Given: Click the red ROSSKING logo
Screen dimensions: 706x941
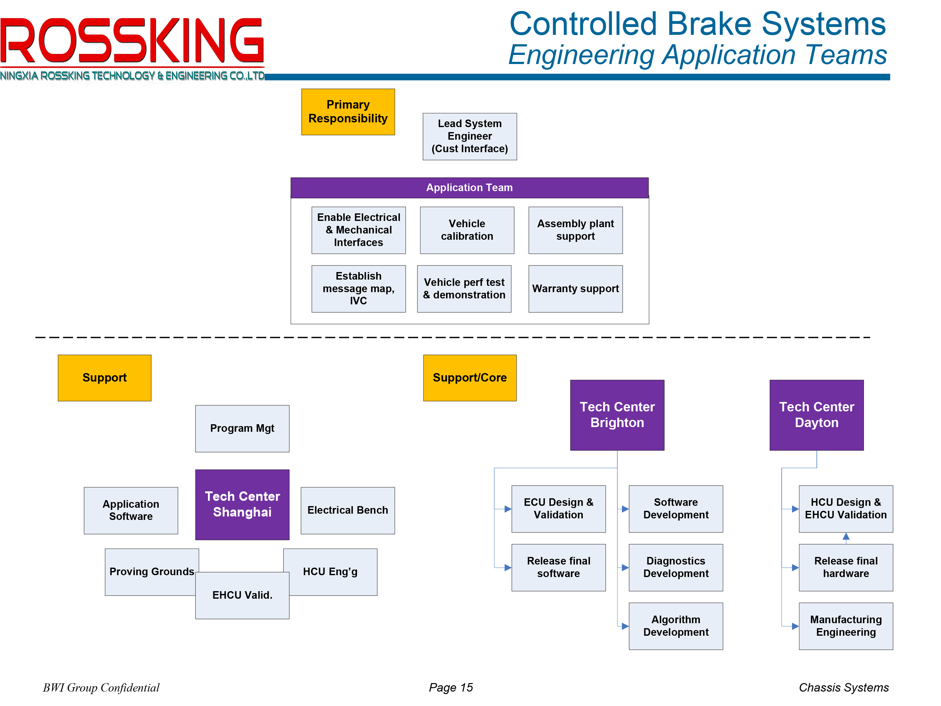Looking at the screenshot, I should [132, 40].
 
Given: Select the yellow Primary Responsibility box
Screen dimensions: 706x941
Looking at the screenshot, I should [348, 112].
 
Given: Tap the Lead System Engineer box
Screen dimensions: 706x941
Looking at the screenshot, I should [470, 136].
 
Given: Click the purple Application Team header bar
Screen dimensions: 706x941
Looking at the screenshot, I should [469, 188].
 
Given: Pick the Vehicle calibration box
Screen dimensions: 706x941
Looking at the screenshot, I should [467, 230].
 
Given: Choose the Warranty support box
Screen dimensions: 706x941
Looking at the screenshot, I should [575, 289].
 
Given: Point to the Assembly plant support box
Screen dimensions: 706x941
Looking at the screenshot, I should [575, 230].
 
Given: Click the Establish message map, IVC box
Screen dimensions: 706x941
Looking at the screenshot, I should [358, 289].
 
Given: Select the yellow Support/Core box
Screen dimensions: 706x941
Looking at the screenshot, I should [470, 378].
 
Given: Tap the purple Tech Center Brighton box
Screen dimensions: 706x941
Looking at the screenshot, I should [617, 415].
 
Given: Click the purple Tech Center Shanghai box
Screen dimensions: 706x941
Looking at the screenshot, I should [242, 505].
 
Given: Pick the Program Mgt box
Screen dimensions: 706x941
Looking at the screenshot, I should [242, 429].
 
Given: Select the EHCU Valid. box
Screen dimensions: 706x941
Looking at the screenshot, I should [242, 595].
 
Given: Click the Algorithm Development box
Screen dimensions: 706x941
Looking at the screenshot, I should [676, 626].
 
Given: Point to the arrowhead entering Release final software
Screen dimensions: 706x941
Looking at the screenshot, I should [508, 568].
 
